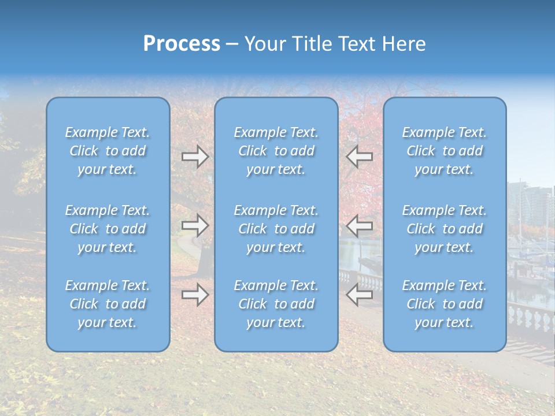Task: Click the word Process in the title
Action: tap(182, 44)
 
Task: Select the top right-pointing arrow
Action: tap(195, 157)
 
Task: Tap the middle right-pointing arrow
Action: tap(195, 225)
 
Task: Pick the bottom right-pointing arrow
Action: tap(195, 295)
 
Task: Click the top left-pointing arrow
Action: tap(359, 157)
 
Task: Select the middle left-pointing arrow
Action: tap(359, 225)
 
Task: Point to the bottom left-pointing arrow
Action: tap(359, 295)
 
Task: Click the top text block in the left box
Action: tap(108, 151)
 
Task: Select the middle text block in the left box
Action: tap(108, 229)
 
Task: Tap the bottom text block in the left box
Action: tap(108, 304)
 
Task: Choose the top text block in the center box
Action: tap(276, 151)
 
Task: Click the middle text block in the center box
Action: tap(276, 229)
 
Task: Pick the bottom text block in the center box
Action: tap(276, 304)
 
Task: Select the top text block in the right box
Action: tap(445, 151)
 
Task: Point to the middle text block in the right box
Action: tap(445, 229)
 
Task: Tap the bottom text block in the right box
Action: tap(445, 304)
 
